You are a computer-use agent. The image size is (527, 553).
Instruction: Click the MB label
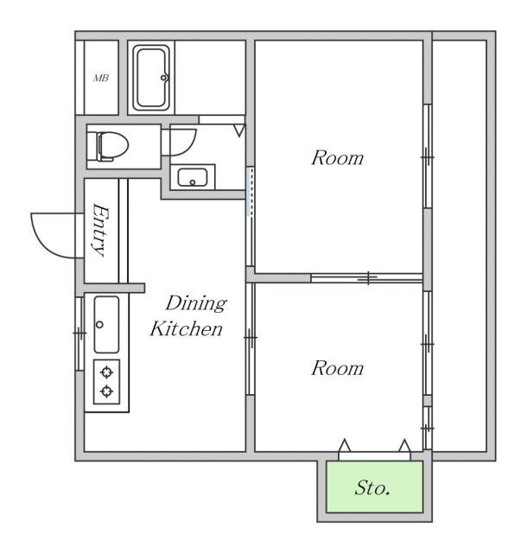click(x=101, y=78)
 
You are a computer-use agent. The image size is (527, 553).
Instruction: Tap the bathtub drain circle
click(x=163, y=78)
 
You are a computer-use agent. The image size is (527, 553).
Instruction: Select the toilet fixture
click(x=107, y=146)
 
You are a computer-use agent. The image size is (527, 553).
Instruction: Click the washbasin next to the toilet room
click(x=193, y=177)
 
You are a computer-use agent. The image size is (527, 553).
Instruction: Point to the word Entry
click(x=101, y=230)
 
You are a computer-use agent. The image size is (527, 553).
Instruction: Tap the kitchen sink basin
click(x=106, y=325)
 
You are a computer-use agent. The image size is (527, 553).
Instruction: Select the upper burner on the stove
click(x=106, y=372)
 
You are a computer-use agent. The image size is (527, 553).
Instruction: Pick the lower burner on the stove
click(x=106, y=391)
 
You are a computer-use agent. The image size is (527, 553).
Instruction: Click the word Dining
click(x=196, y=303)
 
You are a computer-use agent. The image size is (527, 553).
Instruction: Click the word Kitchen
click(x=187, y=328)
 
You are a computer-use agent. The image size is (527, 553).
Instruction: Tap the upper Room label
click(x=337, y=158)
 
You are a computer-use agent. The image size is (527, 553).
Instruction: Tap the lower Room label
click(x=337, y=368)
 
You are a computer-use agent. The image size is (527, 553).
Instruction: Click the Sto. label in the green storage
click(x=372, y=488)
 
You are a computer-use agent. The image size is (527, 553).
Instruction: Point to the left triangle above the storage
click(x=345, y=445)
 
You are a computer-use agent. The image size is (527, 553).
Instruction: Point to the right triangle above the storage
click(x=404, y=445)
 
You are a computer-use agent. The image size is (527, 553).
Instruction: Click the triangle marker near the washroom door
click(x=239, y=130)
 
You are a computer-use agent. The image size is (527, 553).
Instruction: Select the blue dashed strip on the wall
click(x=250, y=192)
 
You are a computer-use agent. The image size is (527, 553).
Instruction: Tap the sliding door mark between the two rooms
click(x=367, y=278)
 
